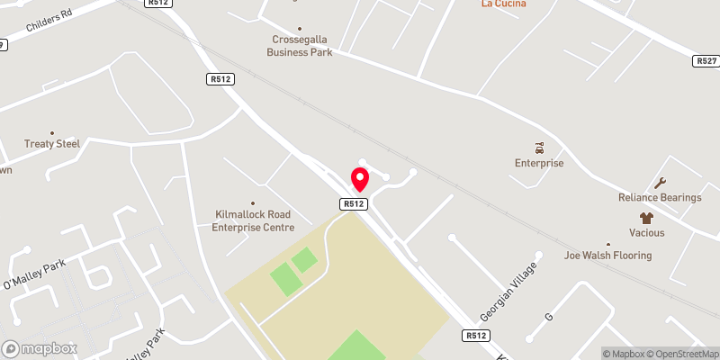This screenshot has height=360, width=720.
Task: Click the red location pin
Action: [360, 179]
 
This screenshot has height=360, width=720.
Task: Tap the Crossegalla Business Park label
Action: [300, 46]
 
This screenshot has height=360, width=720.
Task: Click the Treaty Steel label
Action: [51, 144]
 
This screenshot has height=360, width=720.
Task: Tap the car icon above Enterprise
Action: [539, 147]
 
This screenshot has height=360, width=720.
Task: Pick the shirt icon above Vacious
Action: [646, 218]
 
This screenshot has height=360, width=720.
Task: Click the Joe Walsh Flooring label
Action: [607, 256]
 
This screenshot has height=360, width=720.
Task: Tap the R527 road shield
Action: [706, 61]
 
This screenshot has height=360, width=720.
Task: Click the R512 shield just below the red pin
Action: [354, 204]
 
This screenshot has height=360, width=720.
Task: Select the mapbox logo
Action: [40, 348]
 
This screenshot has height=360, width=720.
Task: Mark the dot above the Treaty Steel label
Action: [51, 132]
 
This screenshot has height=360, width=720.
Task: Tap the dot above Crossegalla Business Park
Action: [300, 28]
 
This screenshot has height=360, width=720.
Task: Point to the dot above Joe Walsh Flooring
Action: [607, 244]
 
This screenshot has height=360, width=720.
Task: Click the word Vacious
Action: [646, 232]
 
